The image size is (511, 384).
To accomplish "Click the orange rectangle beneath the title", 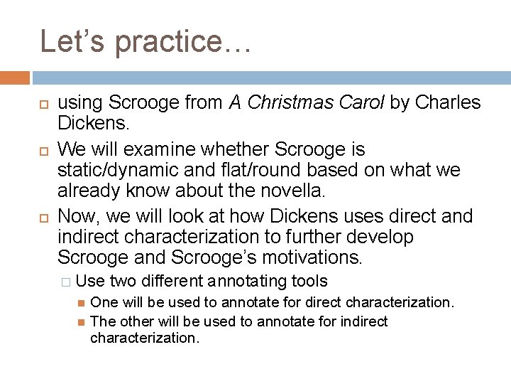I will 15,78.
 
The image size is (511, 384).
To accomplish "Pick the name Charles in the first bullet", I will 448,104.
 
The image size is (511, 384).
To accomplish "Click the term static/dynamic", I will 116,171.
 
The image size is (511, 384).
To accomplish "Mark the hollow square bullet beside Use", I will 67,282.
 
